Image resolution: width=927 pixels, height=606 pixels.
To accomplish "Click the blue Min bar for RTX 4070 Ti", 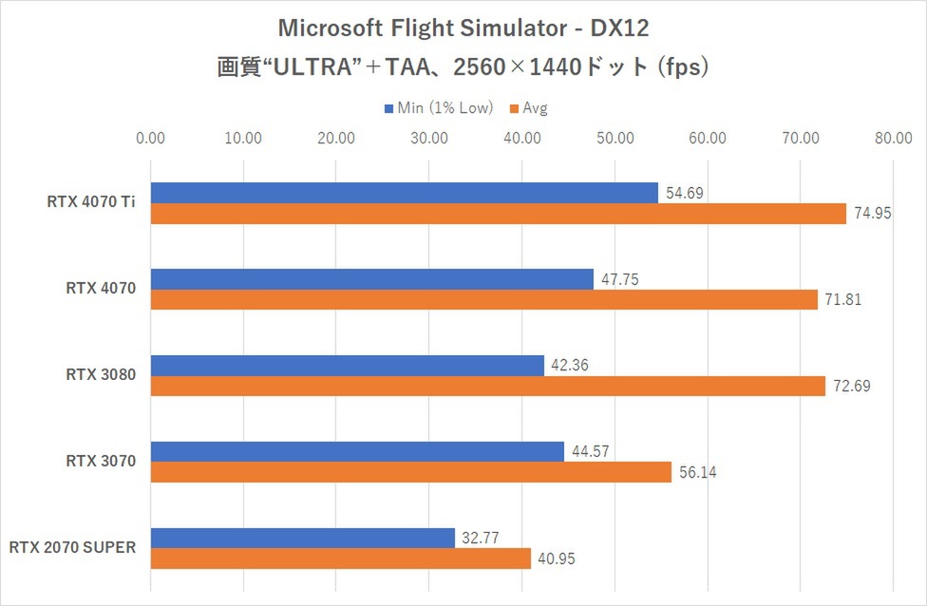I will click(x=404, y=193).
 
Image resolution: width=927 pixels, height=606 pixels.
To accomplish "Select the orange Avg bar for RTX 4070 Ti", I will click(x=498, y=214).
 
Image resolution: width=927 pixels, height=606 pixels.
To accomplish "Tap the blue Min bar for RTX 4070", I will click(x=371, y=279).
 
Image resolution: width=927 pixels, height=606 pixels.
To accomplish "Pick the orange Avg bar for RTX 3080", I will click(x=487, y=387).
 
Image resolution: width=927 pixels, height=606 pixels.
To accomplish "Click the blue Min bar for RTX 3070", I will click(x=357, y=452).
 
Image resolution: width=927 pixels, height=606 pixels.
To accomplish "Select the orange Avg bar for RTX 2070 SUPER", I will click(x=340, y=559).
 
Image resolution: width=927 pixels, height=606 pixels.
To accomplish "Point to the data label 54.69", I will click(x=685, y=193).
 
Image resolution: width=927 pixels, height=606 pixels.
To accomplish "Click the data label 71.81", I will click(x=844, y=300).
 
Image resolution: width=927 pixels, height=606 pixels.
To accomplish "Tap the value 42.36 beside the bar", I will click(x=571, y=366).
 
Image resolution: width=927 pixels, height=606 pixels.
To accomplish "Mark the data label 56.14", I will click(x=698, y=473).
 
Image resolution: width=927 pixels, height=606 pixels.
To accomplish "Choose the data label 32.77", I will click(x=482, y=539).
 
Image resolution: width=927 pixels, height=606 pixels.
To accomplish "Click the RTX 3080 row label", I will click(x=101, y=375).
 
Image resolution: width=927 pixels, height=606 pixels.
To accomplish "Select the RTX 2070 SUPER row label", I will click(x=73, y=547).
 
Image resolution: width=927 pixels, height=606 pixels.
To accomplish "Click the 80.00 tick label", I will click(x=894, y=139).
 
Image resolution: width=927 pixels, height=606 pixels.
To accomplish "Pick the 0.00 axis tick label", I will click(x=151, y=139).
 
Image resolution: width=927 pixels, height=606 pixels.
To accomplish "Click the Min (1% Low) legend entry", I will click(x=438, y=107).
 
